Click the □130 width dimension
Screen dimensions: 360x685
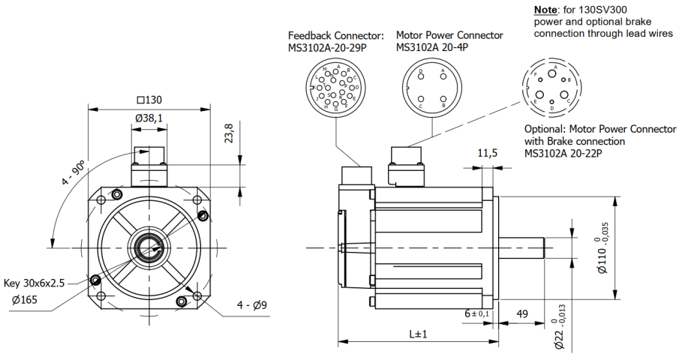(x=149, y=100)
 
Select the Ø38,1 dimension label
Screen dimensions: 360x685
(x=149, y=118)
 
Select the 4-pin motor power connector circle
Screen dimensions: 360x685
(x=431, y=87)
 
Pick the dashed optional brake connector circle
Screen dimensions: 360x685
(x=551, y=87)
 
